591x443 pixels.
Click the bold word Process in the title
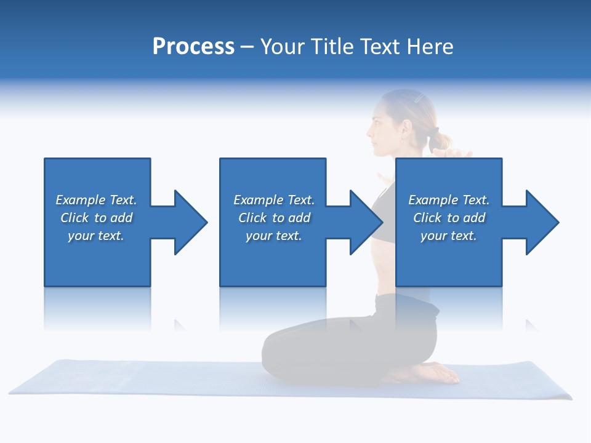(x=193, y=47)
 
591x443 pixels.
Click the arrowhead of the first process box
(x=190, y=222)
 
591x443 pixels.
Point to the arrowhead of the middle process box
(x=366, y=222)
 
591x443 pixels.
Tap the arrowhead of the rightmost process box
(x=542, y=222)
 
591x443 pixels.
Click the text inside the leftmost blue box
(x=96, y=218)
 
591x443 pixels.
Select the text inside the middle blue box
(x=273, y=218)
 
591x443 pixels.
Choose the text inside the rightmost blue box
(x=449, y=218)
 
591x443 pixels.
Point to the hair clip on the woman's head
(x=419, y=98)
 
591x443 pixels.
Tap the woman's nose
(x=369, y=130)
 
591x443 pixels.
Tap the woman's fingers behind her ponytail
(x=459, y=152)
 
